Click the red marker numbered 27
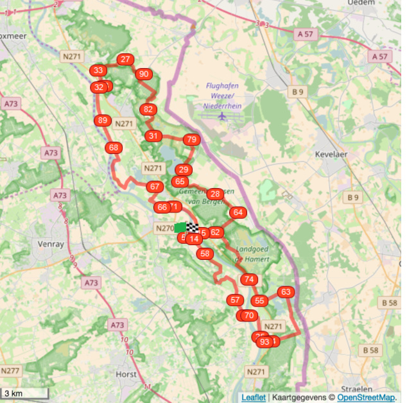tap(126, 60)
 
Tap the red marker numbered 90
tap(144, 74)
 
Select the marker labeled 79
tap(191, 139)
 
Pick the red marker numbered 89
tap(102, 120)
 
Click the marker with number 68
tap(114, 148)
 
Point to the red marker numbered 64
tap(238, 212)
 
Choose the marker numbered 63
tap(286, 292)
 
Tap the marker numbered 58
tap(205, 253)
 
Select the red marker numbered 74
tap(248, 279)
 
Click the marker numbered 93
tap(264, 342)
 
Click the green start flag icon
tap(180, 227)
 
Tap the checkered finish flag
tap(192, 227)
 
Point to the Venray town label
tap(51, 244)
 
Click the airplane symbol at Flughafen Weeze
tap(222, 117)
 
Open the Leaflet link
tap(254, 397)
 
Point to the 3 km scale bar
tap(24, 393)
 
